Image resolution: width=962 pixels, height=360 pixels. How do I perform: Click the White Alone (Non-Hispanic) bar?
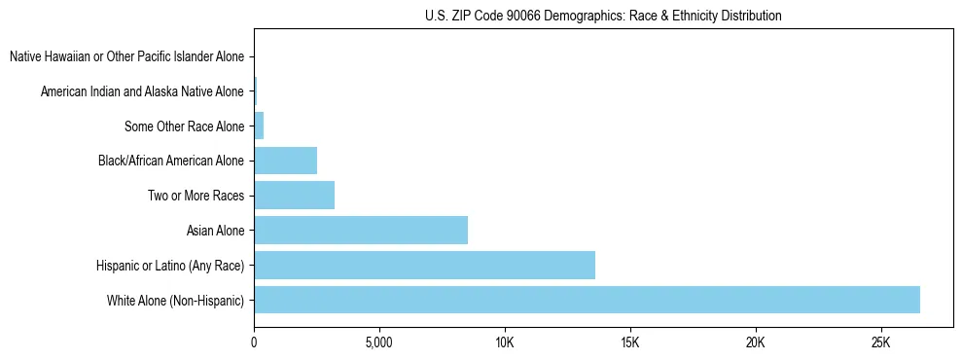click(x=587, y=300)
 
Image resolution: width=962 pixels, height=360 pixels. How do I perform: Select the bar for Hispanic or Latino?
click(x=424, y=265)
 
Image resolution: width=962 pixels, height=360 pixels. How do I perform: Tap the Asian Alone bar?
click(x=361, y=231)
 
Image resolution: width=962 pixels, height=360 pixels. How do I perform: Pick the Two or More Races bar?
click(x=294, y=196)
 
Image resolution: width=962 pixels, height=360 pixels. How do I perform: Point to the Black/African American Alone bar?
click(x=285, y=161)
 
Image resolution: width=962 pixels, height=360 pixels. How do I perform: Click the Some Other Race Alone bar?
click(x=259, y=126)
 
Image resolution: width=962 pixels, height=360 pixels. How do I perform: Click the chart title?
click(x=603, y=16)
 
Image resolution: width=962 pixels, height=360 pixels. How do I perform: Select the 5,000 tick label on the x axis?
click(x=378, y=343)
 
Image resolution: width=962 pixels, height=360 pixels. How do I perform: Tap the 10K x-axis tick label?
click(x=504, y=343)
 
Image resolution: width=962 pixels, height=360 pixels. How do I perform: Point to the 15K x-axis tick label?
click(x=629, y=343)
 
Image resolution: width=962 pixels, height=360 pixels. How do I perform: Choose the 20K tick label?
click(x=755, y=343)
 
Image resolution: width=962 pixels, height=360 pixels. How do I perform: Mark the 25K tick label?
click(x=880, y=343)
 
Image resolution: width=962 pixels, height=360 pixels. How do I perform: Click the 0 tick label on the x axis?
click(x=254, y=343)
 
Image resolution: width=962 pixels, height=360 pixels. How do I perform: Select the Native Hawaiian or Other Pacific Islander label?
click(x=126, y=56)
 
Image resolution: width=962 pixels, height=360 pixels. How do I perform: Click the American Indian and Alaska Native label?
click(x=142, y=91)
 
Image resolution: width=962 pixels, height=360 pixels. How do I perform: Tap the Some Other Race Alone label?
click(x=184, y=126)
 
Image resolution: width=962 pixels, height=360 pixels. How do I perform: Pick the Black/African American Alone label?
click(x=171, y=161)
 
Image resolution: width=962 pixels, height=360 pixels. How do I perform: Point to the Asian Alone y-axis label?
click(x=215, y=231)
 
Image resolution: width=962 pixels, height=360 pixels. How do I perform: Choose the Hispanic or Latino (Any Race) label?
click(x=170, y=266)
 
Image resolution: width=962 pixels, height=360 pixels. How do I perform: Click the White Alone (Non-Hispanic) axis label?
click(x=175, y=301)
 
